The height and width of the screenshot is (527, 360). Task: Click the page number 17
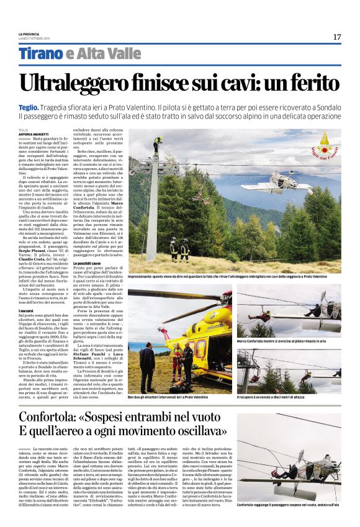click(336, 37)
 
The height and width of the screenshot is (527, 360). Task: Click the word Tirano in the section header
click(40, 54)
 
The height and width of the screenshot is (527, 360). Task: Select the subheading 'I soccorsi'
click(26, 309)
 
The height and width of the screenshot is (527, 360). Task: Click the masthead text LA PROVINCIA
click(32, 34)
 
